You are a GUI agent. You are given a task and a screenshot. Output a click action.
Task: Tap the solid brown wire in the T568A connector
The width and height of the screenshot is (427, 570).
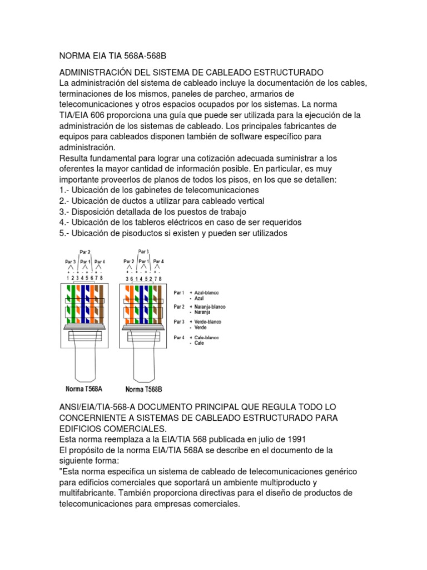102,303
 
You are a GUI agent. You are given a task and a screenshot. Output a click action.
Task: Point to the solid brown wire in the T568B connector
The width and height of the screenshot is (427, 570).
161,303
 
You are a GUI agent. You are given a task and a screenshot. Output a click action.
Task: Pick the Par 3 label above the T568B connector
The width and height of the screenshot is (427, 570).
143,252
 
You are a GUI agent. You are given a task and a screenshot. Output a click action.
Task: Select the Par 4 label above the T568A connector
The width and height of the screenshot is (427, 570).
100,261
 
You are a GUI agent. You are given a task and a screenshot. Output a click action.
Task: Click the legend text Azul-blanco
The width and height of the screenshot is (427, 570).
206,292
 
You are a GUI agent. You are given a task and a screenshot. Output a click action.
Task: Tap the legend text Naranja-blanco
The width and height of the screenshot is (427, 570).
208,307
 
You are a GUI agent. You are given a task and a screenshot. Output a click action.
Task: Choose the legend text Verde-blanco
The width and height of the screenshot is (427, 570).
206,322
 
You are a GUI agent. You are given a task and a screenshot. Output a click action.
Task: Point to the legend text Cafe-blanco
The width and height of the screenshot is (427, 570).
206,337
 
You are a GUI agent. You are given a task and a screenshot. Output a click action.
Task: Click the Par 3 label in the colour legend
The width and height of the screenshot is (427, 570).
178,322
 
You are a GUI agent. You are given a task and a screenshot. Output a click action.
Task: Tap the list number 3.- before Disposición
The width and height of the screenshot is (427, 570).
63,212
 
